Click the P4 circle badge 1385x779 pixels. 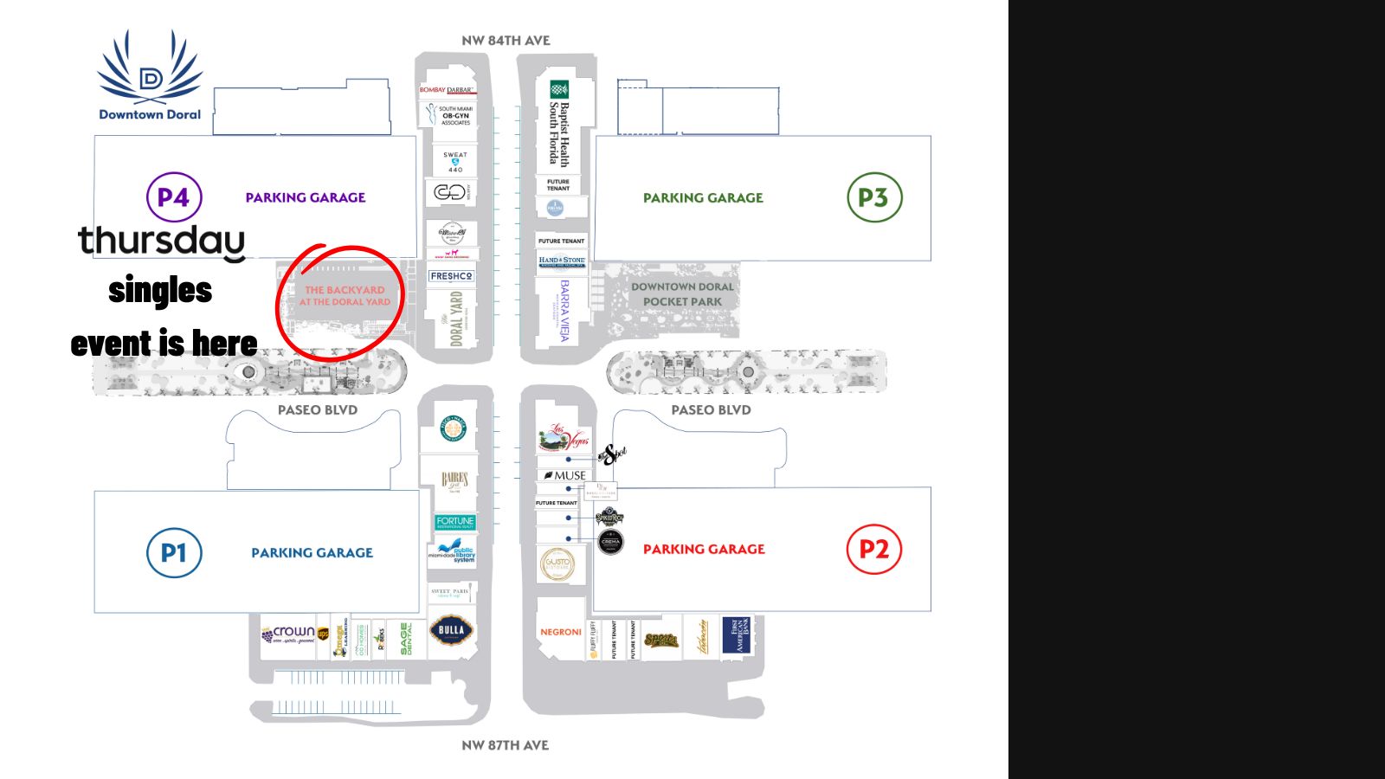[174, 197]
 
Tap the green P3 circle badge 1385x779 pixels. [874, 197]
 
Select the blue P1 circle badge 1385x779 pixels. [174, 552]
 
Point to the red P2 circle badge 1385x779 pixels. [873, 549]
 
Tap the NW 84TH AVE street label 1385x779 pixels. [506, 41]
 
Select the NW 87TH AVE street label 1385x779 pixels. [506, 745]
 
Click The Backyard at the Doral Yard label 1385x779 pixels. [345, 296]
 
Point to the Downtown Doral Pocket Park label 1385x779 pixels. [682, 294]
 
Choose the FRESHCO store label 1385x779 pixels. [451, 276]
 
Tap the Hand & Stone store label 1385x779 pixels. [562, 261]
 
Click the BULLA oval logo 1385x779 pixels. [451, 630]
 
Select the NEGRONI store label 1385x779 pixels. [561, 632]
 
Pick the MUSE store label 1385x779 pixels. [565, 475]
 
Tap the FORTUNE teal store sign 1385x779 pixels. [455, 522]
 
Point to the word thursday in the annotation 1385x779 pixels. [162, 241]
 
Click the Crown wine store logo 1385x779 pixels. [289, 634]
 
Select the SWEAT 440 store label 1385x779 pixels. [455, 162]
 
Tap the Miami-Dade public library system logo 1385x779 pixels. [454, 551]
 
